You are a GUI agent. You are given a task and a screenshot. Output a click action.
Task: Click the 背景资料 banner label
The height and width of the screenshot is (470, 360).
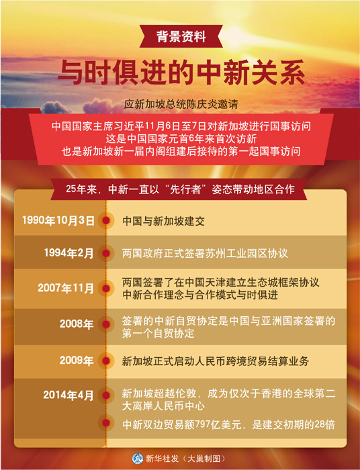181,37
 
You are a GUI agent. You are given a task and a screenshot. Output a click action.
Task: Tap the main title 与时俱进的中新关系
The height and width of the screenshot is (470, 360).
181,73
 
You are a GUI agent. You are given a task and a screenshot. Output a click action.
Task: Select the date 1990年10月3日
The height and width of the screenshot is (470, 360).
58,220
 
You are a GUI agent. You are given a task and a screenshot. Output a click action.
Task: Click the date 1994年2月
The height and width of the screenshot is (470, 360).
69,253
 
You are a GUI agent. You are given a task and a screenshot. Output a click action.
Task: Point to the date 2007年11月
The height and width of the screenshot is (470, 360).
66,288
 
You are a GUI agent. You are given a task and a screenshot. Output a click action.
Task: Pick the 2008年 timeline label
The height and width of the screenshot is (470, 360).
77,324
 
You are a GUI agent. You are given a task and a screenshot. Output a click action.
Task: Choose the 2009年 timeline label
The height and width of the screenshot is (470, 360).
77,360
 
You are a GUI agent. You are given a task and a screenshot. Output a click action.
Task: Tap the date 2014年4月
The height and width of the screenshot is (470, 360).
69,395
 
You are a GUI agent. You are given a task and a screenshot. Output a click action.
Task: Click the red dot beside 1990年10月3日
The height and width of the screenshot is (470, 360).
106,221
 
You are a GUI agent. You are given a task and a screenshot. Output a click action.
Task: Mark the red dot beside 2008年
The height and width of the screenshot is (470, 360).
106,324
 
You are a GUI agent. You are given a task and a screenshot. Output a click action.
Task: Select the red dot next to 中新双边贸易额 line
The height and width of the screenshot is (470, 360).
106,423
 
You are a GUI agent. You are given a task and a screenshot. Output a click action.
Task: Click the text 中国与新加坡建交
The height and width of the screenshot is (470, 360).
163,221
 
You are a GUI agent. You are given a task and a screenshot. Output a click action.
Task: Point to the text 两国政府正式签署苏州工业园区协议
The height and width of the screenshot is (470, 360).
205,253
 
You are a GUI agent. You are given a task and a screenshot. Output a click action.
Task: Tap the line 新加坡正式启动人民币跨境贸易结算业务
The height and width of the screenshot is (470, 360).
215,361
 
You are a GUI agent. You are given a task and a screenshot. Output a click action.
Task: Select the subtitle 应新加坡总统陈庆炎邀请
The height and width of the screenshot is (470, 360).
181,104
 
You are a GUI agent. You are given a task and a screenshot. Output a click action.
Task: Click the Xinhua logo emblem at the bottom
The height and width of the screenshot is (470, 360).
137,459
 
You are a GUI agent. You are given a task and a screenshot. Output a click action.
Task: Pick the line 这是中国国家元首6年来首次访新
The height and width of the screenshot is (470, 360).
181,139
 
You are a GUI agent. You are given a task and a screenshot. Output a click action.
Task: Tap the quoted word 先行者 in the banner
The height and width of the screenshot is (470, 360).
185,189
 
